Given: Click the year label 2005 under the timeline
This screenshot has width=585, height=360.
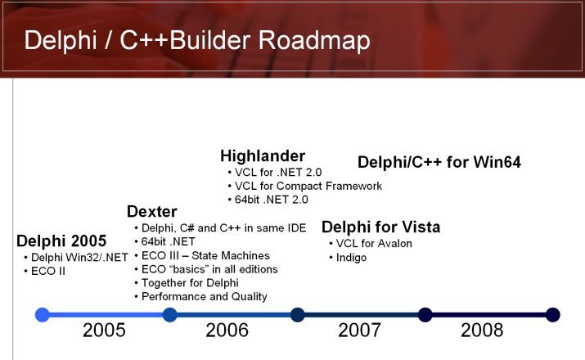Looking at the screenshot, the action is tap(104, 331).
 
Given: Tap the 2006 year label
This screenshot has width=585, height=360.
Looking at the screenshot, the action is tap(227, 331).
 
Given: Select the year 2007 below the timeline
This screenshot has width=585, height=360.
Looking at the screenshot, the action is tap(359, 331).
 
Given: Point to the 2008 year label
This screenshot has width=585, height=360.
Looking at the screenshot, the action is tap(482, 331).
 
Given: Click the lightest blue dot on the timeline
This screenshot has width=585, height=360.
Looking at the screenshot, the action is tap(43, 315).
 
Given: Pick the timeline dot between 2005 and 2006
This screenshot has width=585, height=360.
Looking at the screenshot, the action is tap(169, 315).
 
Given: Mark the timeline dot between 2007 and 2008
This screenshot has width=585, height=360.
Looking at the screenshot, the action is tap(425, 315).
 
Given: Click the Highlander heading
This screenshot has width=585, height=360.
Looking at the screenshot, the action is tap(263, 156).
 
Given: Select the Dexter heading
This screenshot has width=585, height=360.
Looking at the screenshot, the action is tap(152, 212).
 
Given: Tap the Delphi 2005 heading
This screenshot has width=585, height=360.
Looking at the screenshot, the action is tap(61, 241).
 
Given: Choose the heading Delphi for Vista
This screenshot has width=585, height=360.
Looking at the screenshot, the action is tap(381, 227).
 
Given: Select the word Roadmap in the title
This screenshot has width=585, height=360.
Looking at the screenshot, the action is tap(314, 40).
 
